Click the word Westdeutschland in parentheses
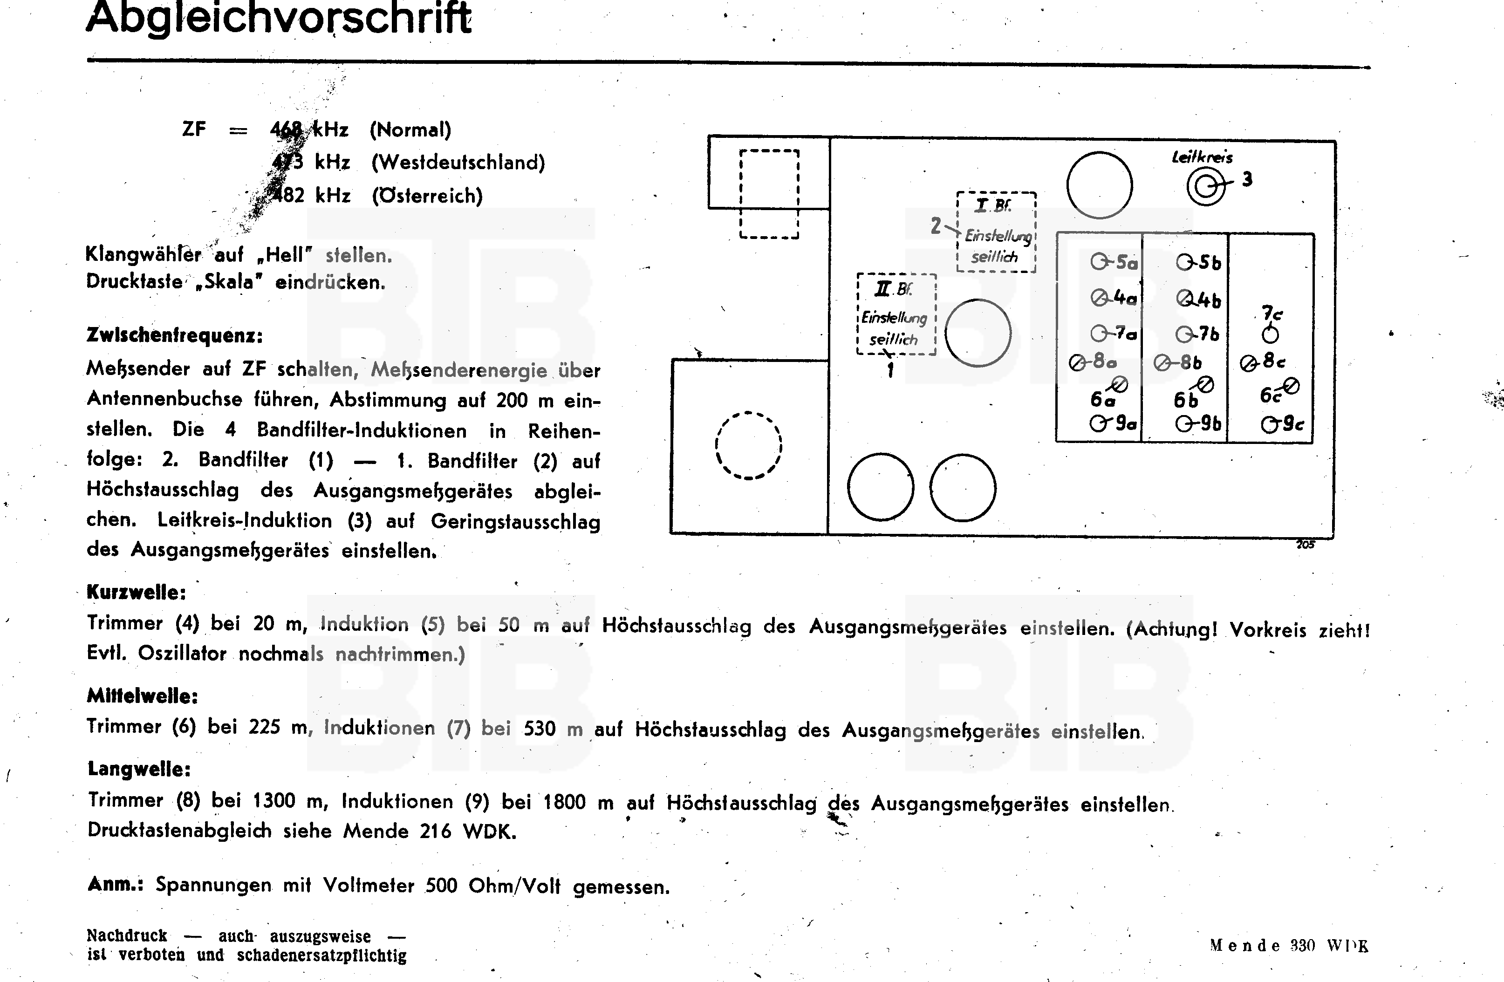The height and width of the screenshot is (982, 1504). [x=458, y=163]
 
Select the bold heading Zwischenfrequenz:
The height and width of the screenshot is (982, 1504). [x=174, y=335]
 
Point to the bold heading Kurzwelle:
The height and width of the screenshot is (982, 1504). [x=137, y=592]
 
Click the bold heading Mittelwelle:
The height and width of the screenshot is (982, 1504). [x=142, y=696]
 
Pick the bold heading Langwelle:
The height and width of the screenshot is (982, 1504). [x=139, y=769]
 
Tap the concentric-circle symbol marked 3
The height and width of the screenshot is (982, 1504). [x=1205, y=187]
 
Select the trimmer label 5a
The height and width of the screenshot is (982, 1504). [x=1125, y=262]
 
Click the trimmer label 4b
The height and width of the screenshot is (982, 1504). [x=1208, y=299]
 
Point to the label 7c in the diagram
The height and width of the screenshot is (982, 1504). [x=1272, y=314]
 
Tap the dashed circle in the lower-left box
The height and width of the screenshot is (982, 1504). [x=748, y=445]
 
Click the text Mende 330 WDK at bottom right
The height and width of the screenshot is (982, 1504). [x=1289, y=946]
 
